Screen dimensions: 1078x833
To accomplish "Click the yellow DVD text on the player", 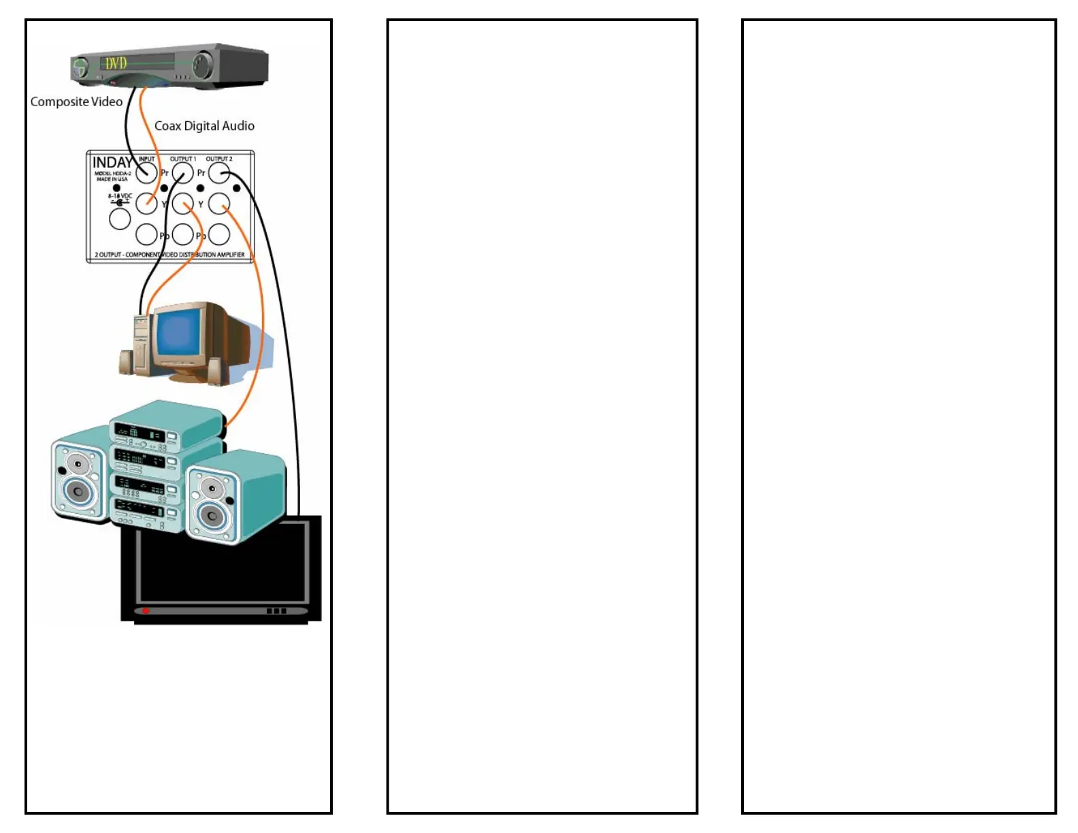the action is pyautogui.click(x=116, y=63).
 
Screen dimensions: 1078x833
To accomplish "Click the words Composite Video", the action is pyautogui.click(x=76, y=101).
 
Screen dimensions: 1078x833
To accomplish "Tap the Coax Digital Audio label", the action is pyautogui.click(x=204, y=126).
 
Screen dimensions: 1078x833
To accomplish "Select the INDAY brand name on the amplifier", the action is pyautogui.click(x=112, y=163).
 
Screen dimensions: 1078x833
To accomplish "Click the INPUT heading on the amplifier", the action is pyautogui.click(x=146, y=159).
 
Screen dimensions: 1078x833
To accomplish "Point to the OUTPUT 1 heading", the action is pyautogui.click(x=182, y=159).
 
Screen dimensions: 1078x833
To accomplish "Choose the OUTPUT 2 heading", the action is pyautogui.click(x=218, y=159).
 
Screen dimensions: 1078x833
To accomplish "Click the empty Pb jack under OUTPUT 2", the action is pyautogui.click(x=218, y=235).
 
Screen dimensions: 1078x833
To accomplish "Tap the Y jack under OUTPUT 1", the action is pyautogui.click(x=182, y=203).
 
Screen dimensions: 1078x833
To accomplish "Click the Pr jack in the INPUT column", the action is pyautogui.click(x=146, y=173).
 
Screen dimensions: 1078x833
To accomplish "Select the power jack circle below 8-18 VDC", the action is pyautogui.click(x=120, y=218).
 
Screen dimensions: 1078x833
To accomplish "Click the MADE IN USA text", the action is pyautogui.click(x=112, y=180).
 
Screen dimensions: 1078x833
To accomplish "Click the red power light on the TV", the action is pyautogui.click(x=145, y=611).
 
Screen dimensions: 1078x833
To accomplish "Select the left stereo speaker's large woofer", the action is pyautogui.click(x=78, y=491).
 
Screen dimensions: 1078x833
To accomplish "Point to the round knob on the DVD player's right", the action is pyautogui.click(x=202, y=65).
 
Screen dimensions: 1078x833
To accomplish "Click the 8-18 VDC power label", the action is pyautogui.click(x=119, y=196).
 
